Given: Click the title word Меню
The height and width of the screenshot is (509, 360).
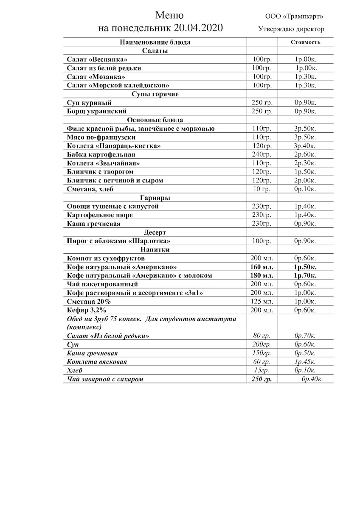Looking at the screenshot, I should click(x=169, y=16).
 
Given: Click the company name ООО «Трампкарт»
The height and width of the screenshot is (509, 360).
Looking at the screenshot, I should click(x=294, y=17).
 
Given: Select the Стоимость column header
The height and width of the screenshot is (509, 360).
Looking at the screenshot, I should click(x=305, y=42).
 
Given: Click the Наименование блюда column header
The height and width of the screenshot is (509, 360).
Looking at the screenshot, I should click(x=155, y=42).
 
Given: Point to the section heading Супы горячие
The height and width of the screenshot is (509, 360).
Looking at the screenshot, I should click(x=155, y=94).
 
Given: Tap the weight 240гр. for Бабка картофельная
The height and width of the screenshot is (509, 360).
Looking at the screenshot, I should click(x=262, y=154).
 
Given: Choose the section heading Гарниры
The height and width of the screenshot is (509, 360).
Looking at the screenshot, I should click(x=155, y=198).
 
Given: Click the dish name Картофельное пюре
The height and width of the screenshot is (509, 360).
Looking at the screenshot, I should click(x=100, y=215).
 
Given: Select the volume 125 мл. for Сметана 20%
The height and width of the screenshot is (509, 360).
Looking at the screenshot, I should click(x=262, y=301).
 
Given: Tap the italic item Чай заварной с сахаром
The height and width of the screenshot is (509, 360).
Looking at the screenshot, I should click(x=105, y=379).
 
